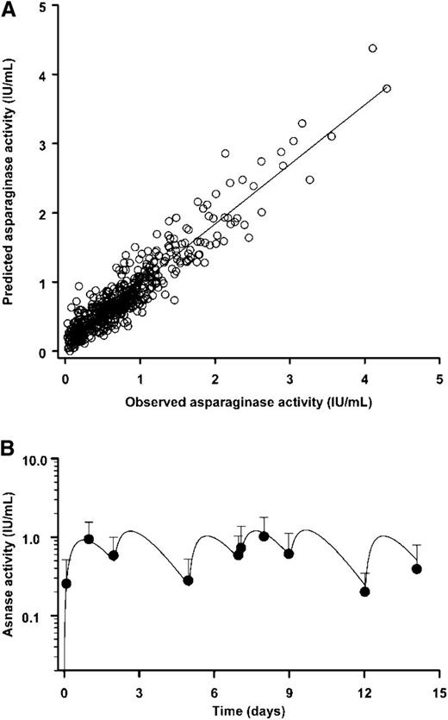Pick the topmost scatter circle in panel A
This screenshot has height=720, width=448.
click(372, 48)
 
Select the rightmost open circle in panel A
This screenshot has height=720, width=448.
click(386, 89)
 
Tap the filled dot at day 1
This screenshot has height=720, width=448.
click(89, 539)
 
